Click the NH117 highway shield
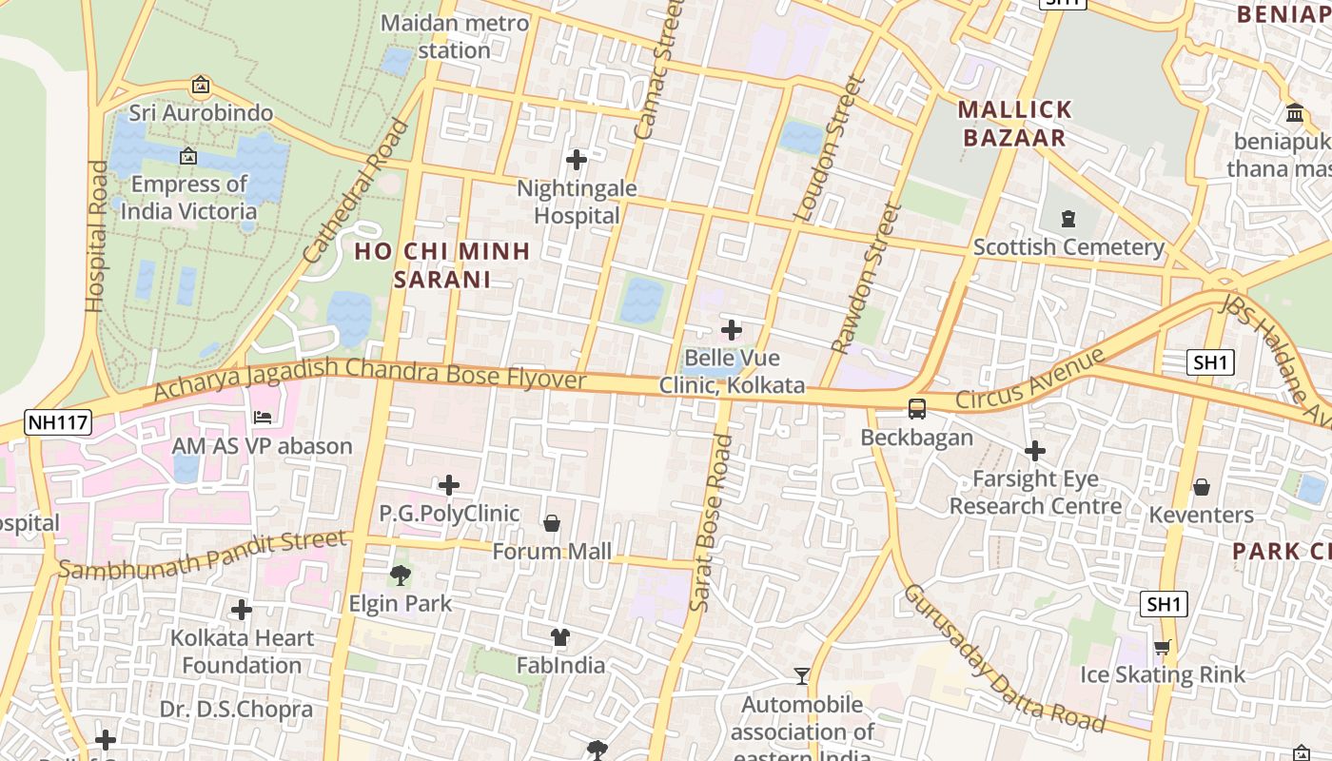coord(58,422)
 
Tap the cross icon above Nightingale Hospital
coord(576,160)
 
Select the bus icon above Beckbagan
coord(917,409)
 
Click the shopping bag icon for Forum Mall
coord(551,523)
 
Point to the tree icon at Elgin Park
coord(401,575)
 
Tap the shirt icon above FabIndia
coord(560,637)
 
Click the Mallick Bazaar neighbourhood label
coord(1014,124)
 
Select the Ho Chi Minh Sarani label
coord(442,265)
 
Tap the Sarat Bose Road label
coord(710,523)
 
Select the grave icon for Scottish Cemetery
coord(1068,219)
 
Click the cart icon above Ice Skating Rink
coord(1162,648)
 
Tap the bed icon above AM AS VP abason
coord(263,418)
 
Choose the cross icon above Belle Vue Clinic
coord(732,330)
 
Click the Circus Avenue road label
coord(1029,379)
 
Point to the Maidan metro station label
coord(455,36)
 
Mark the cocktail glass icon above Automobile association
coord(802,676)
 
